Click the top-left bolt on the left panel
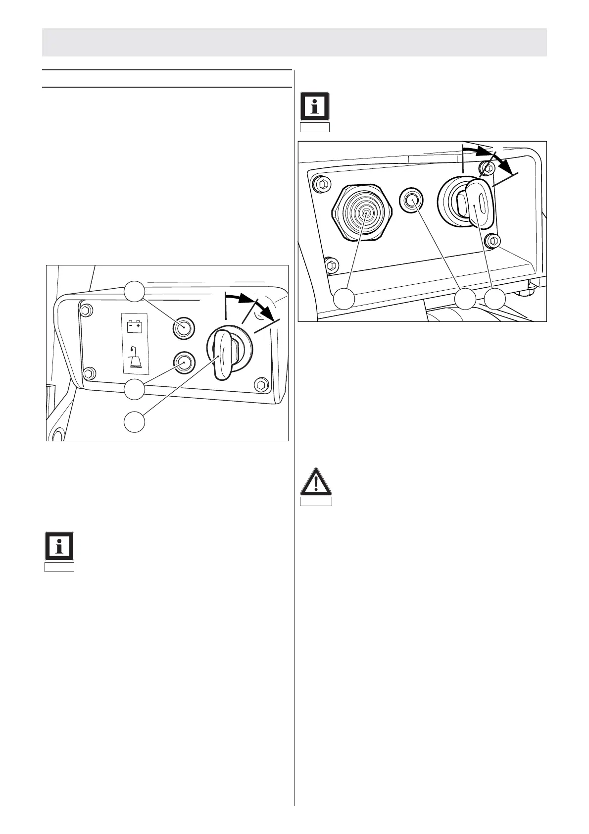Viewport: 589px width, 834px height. (x=86, y=311)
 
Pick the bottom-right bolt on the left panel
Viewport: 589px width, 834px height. (x=261, y=384)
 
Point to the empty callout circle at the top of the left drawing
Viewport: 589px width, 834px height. (x=135, y=291)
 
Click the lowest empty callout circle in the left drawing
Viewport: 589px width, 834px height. (x=135, y=422)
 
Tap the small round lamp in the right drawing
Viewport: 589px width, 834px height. (x=411, y=199)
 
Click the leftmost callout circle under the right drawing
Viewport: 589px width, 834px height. (x=344, y=300)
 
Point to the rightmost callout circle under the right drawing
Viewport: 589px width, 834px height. (x=495, y=300)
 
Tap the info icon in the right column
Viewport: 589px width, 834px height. (x=315, y=106)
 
